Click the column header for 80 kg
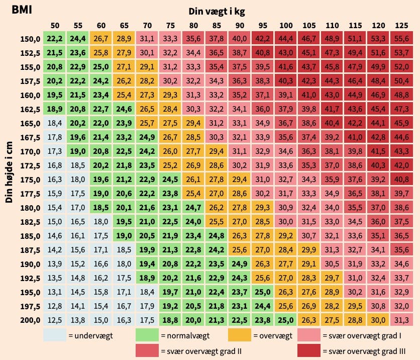click(x=193, y=25)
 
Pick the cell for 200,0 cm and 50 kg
click(x=55, y=320)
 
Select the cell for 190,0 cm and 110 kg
click(x=332, y=263)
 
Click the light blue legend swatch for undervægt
click(x=55, y=334)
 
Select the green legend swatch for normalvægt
click(x=148, y=334)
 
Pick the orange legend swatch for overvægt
click(x=240, y=334)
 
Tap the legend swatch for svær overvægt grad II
click(x=148, y=350)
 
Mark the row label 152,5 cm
click(x=30, y=52)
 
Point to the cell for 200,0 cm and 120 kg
click(x=378, y=320)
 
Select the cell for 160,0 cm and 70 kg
click(x=147, y=95)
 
